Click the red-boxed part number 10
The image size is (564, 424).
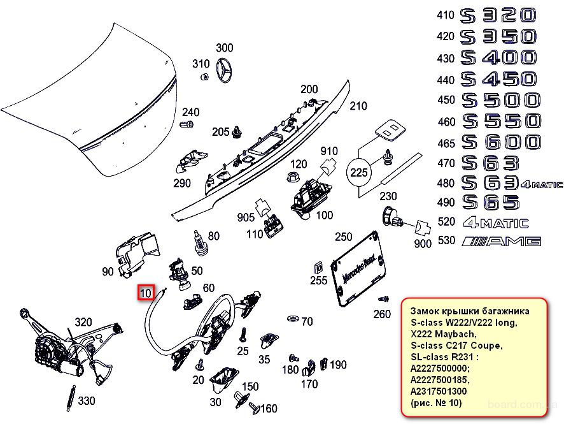146,293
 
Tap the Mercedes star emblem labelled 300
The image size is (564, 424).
225,70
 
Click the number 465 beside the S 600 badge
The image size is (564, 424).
446,142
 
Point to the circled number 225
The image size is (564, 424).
358,172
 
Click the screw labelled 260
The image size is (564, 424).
383,298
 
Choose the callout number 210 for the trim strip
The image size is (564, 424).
358,106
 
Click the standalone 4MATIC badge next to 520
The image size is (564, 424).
496,223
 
